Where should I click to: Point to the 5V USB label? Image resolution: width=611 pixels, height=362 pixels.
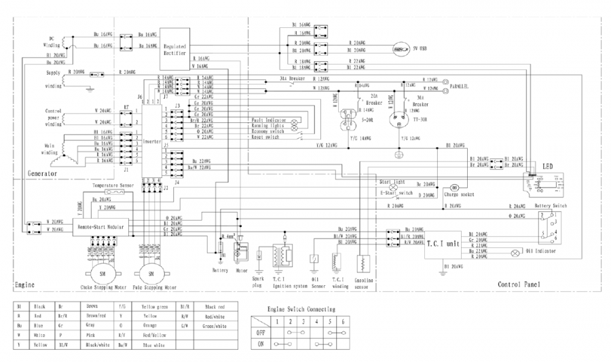[421, 49]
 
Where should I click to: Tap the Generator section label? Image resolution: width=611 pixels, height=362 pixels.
[42, 174]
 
